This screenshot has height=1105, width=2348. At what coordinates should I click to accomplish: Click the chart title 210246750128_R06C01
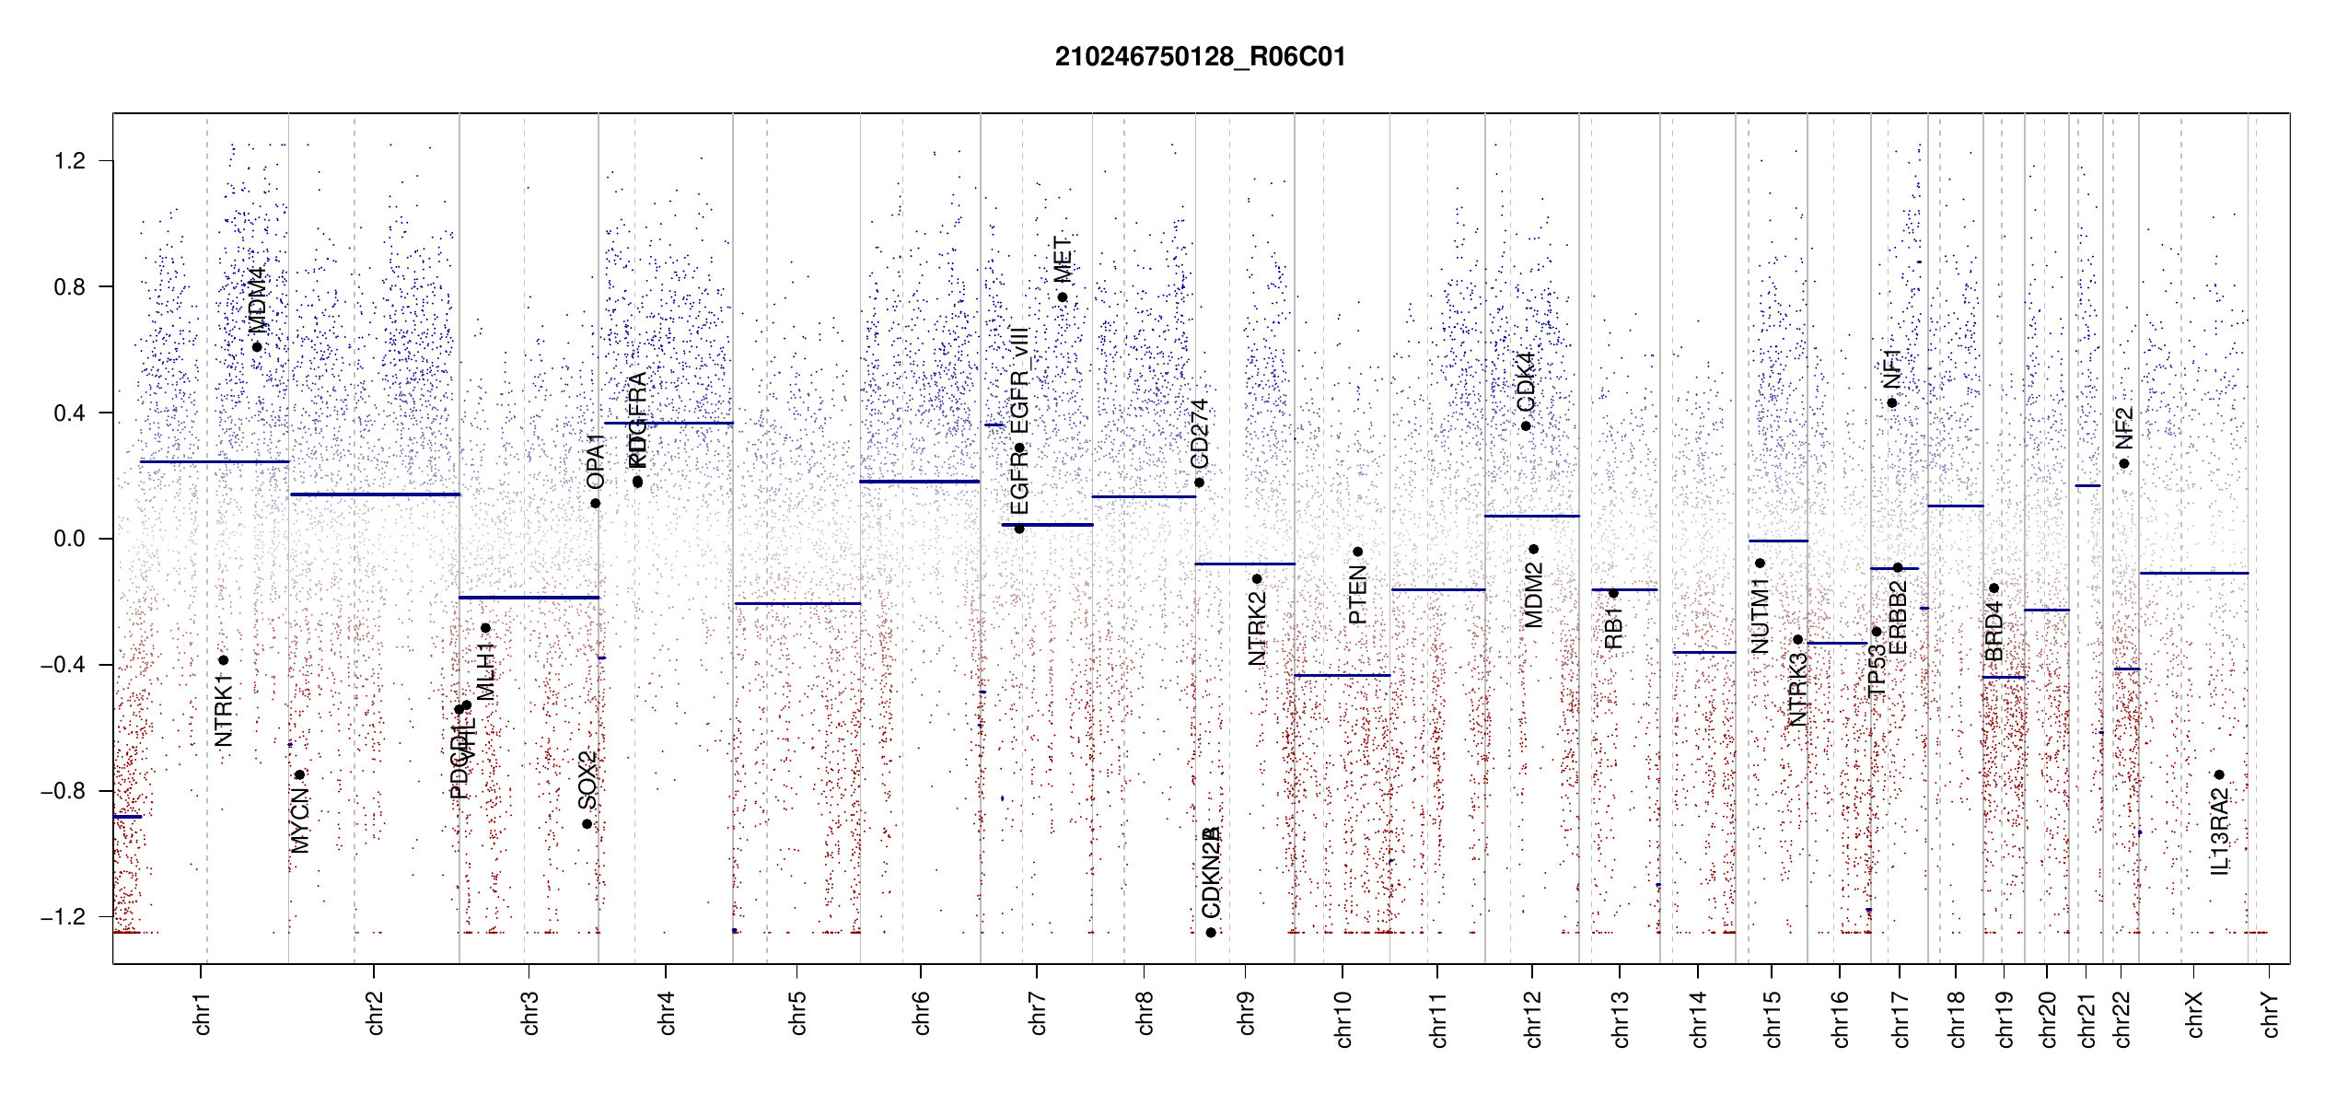[x=1200, y=57]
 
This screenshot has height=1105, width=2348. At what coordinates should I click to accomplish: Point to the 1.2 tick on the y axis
[x=70, y=161]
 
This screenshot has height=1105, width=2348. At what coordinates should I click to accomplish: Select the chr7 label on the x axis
[x=1038, y=1013]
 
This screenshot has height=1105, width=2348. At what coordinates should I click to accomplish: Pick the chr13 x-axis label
[x=1620, y=1018]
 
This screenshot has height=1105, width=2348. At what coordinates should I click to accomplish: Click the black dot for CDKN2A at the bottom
[x=1211, y=933]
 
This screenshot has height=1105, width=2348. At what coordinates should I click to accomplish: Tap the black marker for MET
[x=1062, y=297]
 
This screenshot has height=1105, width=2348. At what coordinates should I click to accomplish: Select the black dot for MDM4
[x=257, y=347]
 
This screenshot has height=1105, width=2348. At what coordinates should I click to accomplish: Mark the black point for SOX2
[x=587, y=824]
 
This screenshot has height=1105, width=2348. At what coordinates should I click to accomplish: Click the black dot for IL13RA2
[x=2219, y=775]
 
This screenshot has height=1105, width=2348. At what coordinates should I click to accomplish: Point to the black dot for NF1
[x=1892, y=403]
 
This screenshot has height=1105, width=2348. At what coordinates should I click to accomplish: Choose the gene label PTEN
[x=1357, y=596]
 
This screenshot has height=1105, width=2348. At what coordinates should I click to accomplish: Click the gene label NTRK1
[x=223, y=709]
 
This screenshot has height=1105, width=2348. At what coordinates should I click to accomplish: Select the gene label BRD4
[x=1993, y=631]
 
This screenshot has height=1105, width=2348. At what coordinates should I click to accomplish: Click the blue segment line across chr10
[x=1342, y=676]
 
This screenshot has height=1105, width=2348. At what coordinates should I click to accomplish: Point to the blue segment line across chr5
[x=796, y=604]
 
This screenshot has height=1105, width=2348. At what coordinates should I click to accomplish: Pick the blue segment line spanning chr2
[x=374, y=494]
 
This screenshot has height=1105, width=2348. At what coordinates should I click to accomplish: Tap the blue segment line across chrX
[x=2193, y=574]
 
